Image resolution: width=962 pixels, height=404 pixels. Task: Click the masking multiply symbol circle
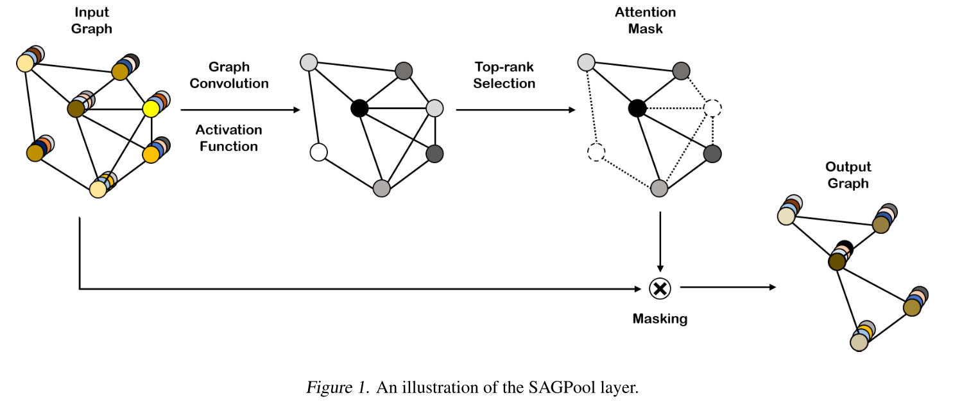coord(660,288)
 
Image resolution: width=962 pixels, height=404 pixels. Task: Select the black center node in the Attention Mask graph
coord(637,108)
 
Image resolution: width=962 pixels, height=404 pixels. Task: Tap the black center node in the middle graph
coord(359,108)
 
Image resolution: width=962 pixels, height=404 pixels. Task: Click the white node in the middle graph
coord(318,152)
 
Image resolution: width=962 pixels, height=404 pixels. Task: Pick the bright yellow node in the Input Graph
coord(151,108)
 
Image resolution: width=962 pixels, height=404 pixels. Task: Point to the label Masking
coord(660,319)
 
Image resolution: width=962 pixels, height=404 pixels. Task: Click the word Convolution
coord(229,83)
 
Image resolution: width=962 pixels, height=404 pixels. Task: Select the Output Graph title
coord(848,175)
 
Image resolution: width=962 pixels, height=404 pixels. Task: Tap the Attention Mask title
coord(645,21)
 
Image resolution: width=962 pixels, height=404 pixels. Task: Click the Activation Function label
coord(229,138)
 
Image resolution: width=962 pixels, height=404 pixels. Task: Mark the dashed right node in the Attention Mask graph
coord(713,108)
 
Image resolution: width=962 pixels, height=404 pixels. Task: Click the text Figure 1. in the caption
coord(338,387)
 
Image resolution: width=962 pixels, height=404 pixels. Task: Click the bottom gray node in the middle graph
coord(382,188)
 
